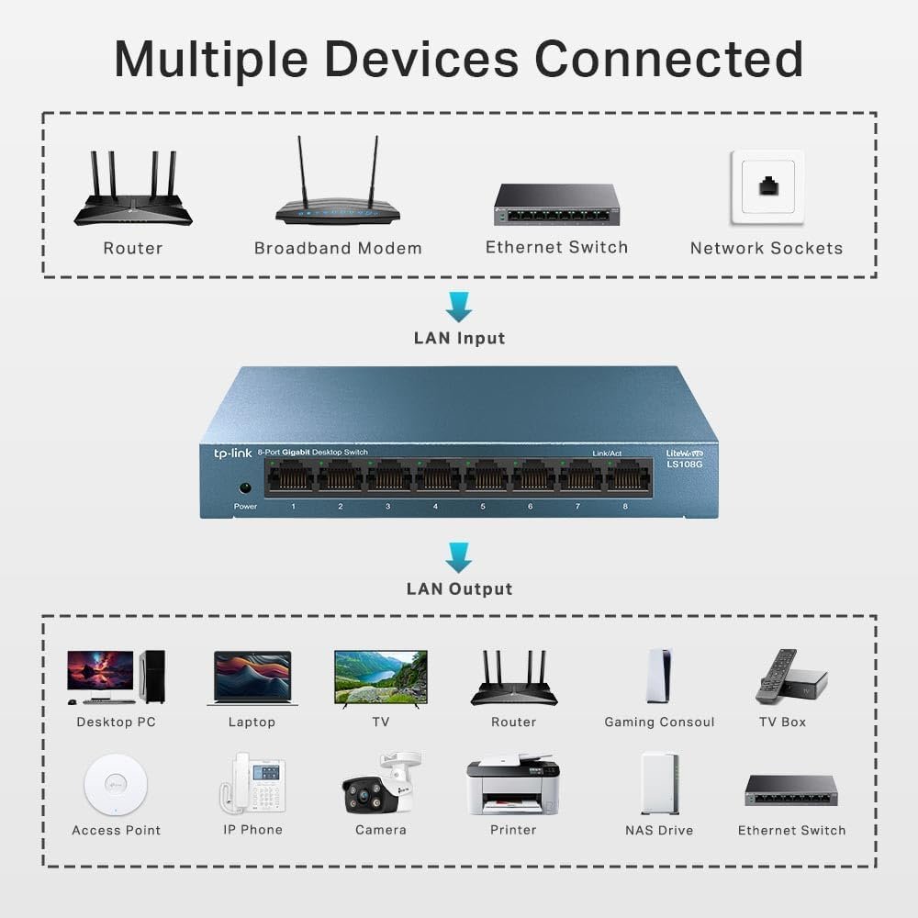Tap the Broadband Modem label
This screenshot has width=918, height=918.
click(x=338, y=248)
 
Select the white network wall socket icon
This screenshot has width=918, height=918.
click(x=767, y=187)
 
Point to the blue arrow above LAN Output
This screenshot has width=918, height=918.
click(x=459, y=556)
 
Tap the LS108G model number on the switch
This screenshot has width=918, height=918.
click(x=684, y=464)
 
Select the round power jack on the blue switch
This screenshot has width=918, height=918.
click(x=245, y=488)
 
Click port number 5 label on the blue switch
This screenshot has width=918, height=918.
click(x=482, y=507)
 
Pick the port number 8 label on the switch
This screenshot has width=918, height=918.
click(x=625, y=507)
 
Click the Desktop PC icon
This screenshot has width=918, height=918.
click(x=116, y=677)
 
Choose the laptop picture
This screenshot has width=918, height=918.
click(x=252, y=677)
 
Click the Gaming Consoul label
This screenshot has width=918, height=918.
click(x=659, y=722)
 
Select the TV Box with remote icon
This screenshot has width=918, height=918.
click(x=790, y=676)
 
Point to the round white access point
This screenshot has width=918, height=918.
click(x=116, y=785)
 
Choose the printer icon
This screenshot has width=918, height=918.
click(x=512, y=784)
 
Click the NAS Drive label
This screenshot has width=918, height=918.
click(x=659, y=830)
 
